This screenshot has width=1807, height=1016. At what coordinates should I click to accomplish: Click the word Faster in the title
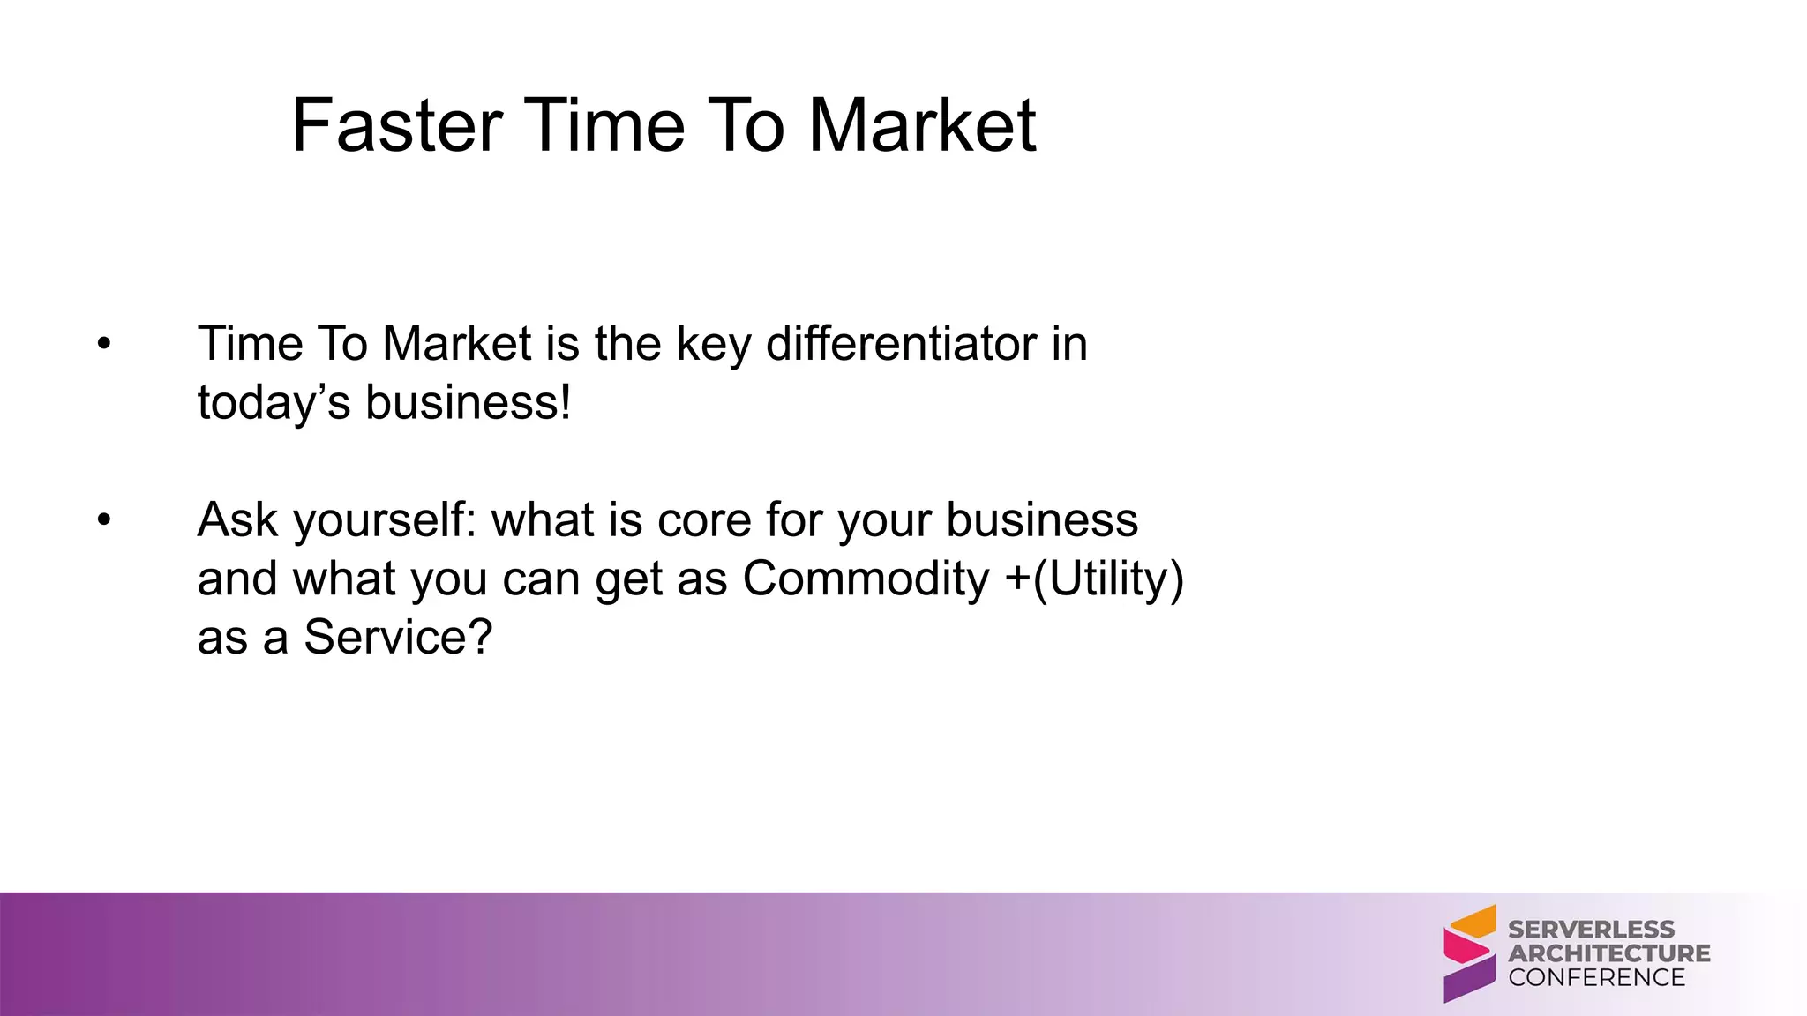[x=396, y=126]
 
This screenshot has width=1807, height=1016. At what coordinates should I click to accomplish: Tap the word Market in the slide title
[x=922, y=126]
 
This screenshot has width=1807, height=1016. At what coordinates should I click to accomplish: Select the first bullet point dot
[x=104, y=344]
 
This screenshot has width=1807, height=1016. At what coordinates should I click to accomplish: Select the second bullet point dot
[x=104, y=520]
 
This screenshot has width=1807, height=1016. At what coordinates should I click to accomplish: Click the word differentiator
[x=901, y=343]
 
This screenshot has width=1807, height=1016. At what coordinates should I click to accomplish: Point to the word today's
[x=274, y=404]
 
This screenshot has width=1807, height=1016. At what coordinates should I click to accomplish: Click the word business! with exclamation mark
[x=469, y=403]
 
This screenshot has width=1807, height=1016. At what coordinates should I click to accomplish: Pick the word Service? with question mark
[x=398, y=638]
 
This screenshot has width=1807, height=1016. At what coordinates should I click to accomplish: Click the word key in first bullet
[x=713, y=344]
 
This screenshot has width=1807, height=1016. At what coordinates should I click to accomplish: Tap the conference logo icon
[x=1469, y=953]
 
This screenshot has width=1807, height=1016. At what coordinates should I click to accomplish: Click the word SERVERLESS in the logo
[x=1591, y=930]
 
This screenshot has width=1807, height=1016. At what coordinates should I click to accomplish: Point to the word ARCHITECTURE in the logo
[x=1608, y=953]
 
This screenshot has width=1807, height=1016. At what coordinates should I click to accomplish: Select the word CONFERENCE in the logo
[x=1596, y=977]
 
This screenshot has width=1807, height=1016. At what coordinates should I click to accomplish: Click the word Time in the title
[x=604, y=126]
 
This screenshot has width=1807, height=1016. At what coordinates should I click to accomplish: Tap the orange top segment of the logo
[x=1475, y=922]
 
